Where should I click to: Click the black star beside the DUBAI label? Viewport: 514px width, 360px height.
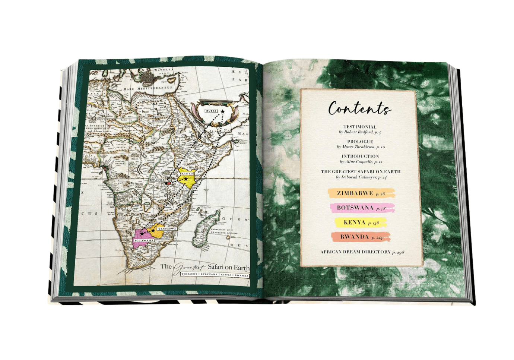222,111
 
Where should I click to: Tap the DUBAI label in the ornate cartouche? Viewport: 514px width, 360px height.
211,111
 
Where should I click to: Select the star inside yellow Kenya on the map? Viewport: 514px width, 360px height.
186,179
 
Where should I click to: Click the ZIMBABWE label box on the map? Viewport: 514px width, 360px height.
166,228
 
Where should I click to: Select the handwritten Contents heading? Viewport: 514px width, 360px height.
359,108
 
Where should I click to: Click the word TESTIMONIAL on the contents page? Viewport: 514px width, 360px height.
360,127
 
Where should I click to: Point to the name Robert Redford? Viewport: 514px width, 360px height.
359,132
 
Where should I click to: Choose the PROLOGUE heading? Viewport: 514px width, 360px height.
360,142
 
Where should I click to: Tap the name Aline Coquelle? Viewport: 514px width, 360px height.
359,162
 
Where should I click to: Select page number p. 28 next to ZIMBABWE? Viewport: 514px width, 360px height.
380,194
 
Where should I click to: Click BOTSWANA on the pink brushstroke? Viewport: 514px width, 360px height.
355,208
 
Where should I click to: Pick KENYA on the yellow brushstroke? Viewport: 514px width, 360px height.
354,222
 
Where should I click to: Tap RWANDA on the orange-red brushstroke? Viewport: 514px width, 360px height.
354,237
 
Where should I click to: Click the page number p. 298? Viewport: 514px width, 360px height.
398,252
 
